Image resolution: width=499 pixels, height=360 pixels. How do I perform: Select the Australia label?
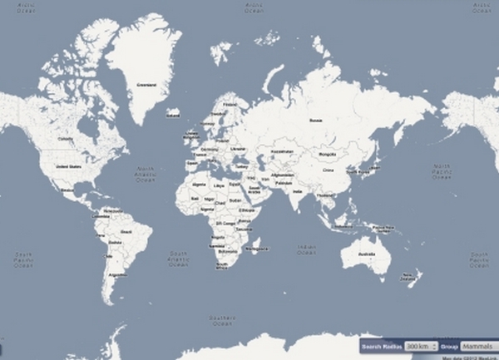[364, 253]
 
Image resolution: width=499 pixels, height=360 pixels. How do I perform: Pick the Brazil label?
[126, 230]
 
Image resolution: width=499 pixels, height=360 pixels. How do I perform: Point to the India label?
[297, 193]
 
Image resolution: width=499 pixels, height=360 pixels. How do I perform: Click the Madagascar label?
[259, 248]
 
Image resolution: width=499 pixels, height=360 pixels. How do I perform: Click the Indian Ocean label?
[307, 249]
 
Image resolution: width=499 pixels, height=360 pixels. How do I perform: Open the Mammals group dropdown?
[479, 345]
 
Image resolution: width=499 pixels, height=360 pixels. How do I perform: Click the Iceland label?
[173, 116]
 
